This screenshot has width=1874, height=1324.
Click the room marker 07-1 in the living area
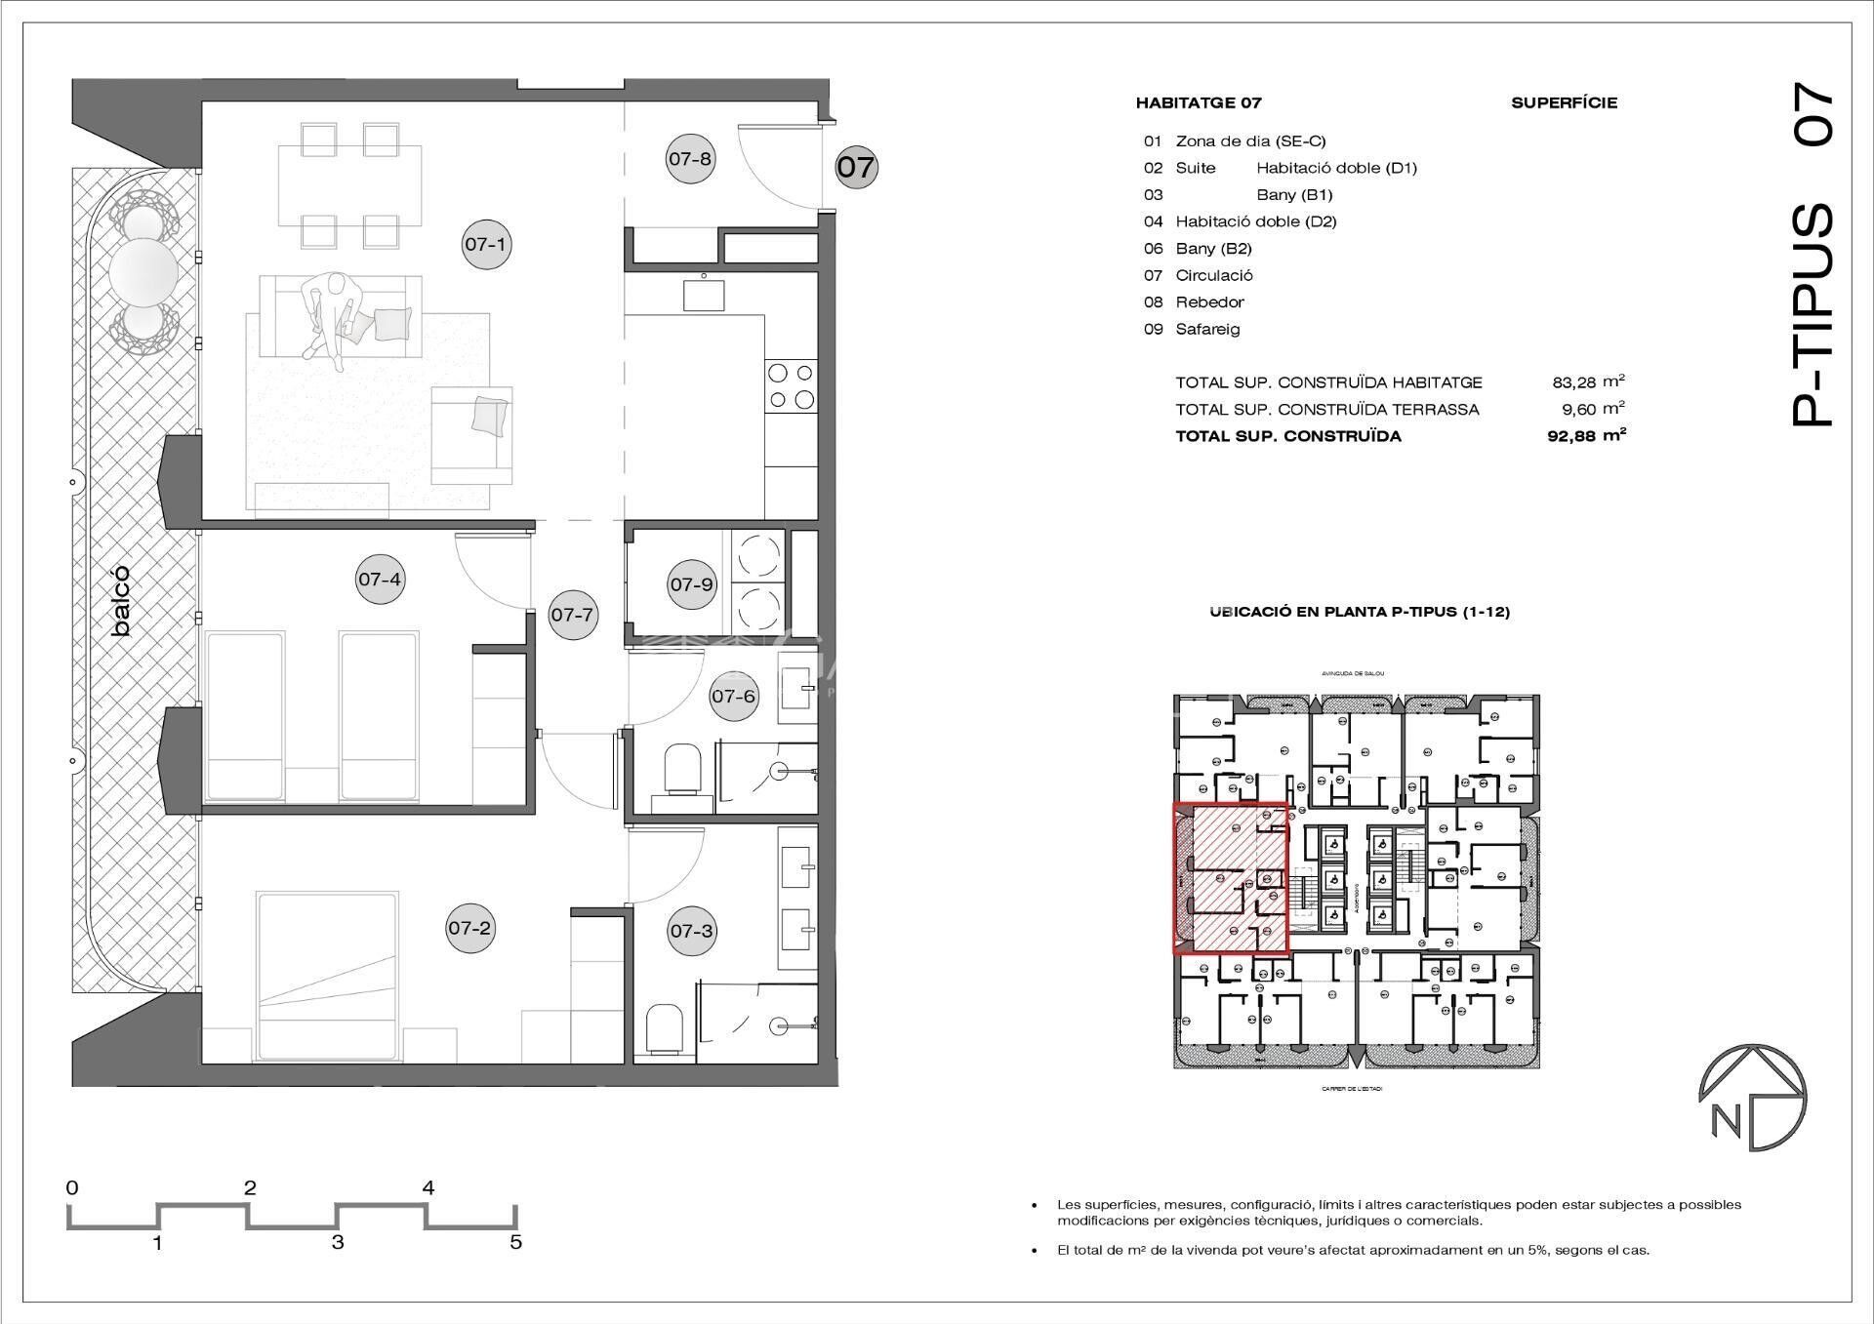pyautogui.click(x=485, y=244)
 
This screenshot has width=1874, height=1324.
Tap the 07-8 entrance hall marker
pyautogui.click(x=690, y=158)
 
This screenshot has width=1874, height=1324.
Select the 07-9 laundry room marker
pyautogui.click(x=691, y=584)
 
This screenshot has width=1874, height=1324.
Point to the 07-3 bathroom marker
pyautogui.click(x=691, y=931)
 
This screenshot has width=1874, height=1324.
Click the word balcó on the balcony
pyautogui.click(x=120, y=602)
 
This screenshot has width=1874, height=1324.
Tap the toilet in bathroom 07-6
pyautogui.click(x=682, y=767)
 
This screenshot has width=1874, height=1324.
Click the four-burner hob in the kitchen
pyautogui.click(x=791, y=385)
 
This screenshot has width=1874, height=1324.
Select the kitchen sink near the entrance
pyautogui.click(x=704, y=292)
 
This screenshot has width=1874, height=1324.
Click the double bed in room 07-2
pyautogui.click(x=327, y=971)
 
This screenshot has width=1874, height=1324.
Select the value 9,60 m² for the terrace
pyautogui.click(x=1588, y=410)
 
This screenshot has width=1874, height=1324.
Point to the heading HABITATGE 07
pyautogui.click(x=1198, y=102)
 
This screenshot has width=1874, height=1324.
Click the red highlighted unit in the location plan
pyautogui.click(x=1230, y=878)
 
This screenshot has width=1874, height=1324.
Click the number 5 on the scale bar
pyautogui.click(x=515, y=1242)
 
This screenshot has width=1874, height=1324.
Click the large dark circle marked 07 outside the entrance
pyautogui.click(x=856, y=167)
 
